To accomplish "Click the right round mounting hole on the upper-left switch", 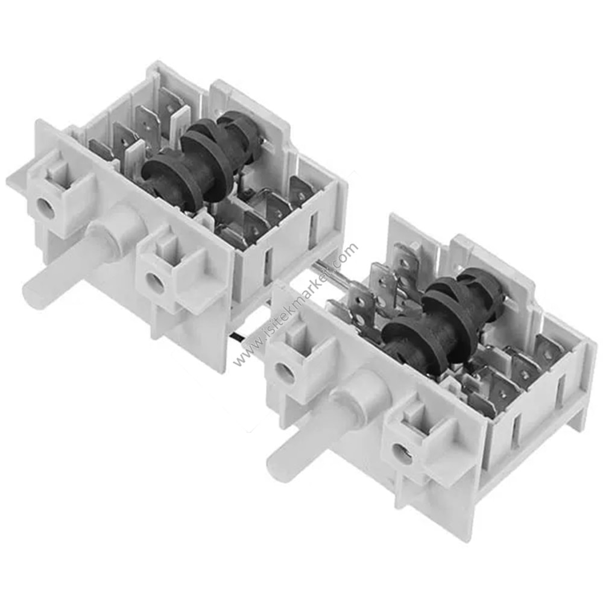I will point(155,282).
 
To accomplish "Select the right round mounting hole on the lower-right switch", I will point(403,452).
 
